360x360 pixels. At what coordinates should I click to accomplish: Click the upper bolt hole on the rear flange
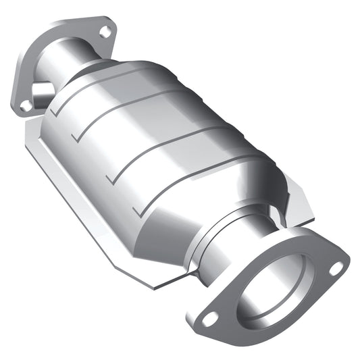(x=105, y=30)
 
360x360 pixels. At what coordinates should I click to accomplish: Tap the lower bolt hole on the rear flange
(x=25, y=105)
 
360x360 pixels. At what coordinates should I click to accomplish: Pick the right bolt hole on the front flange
(x=335, y=268)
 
